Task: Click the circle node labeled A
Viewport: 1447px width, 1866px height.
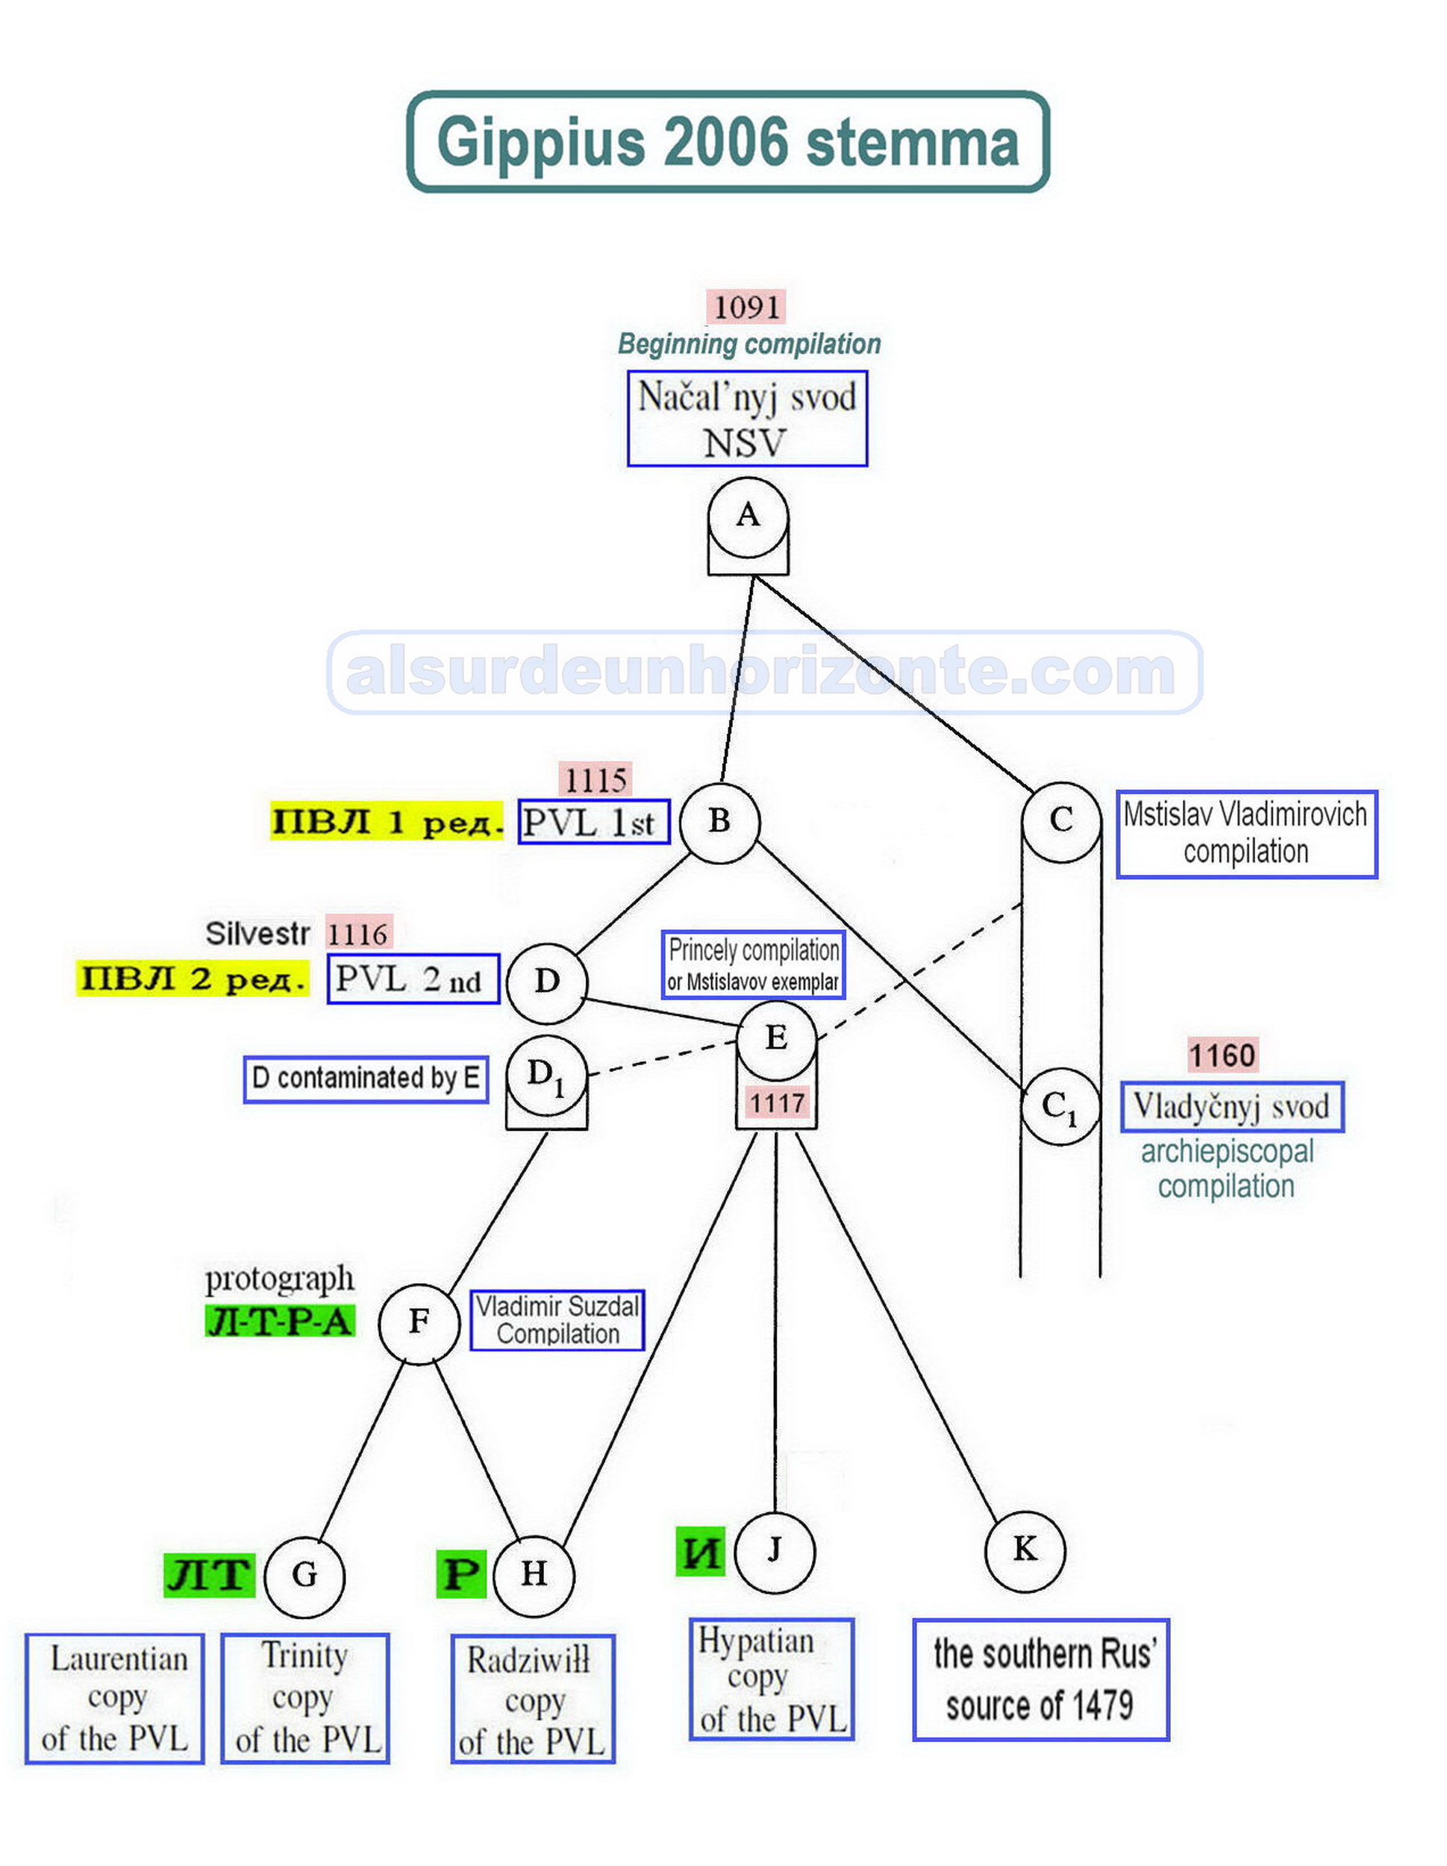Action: (748, 518)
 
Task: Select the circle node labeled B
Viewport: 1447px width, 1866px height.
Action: (719, 822)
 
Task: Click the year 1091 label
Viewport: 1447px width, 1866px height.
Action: (746, 308)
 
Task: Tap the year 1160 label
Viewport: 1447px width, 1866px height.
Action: (1222, 1056)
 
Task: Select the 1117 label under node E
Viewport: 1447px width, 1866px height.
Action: (776, 1103)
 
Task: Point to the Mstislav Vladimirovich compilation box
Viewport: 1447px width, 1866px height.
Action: (1246, 834)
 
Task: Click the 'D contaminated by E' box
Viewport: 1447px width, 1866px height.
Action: (366, 1079)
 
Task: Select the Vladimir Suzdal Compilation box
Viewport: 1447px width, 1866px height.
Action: (557, 1321)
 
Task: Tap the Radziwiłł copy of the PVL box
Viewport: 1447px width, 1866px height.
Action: (532, 1700)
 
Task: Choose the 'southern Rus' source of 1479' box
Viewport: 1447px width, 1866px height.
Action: (1040, 1679)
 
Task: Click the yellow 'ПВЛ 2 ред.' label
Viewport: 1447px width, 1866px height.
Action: (193, 979)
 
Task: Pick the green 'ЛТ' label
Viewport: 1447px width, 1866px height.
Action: (208, 1575)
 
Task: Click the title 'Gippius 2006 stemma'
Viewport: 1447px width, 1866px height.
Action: (728, 142)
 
